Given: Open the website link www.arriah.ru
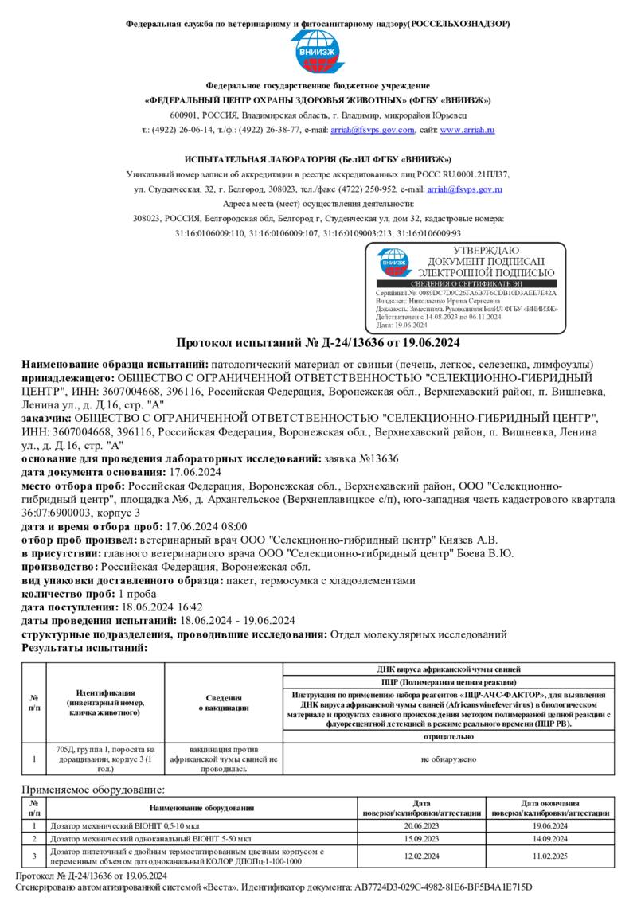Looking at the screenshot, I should click(468, 130).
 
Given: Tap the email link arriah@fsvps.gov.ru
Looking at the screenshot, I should click(464, 189).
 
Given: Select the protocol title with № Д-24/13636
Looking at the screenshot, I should click(318, 343).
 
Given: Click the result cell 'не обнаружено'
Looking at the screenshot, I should click(448, 759).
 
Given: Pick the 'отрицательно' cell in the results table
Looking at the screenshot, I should click(448, 737).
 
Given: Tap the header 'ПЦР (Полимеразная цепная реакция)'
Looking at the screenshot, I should click(448, 682).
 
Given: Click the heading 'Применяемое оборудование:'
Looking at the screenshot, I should click(93, 790).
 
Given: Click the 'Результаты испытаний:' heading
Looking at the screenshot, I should click(84, 648).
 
